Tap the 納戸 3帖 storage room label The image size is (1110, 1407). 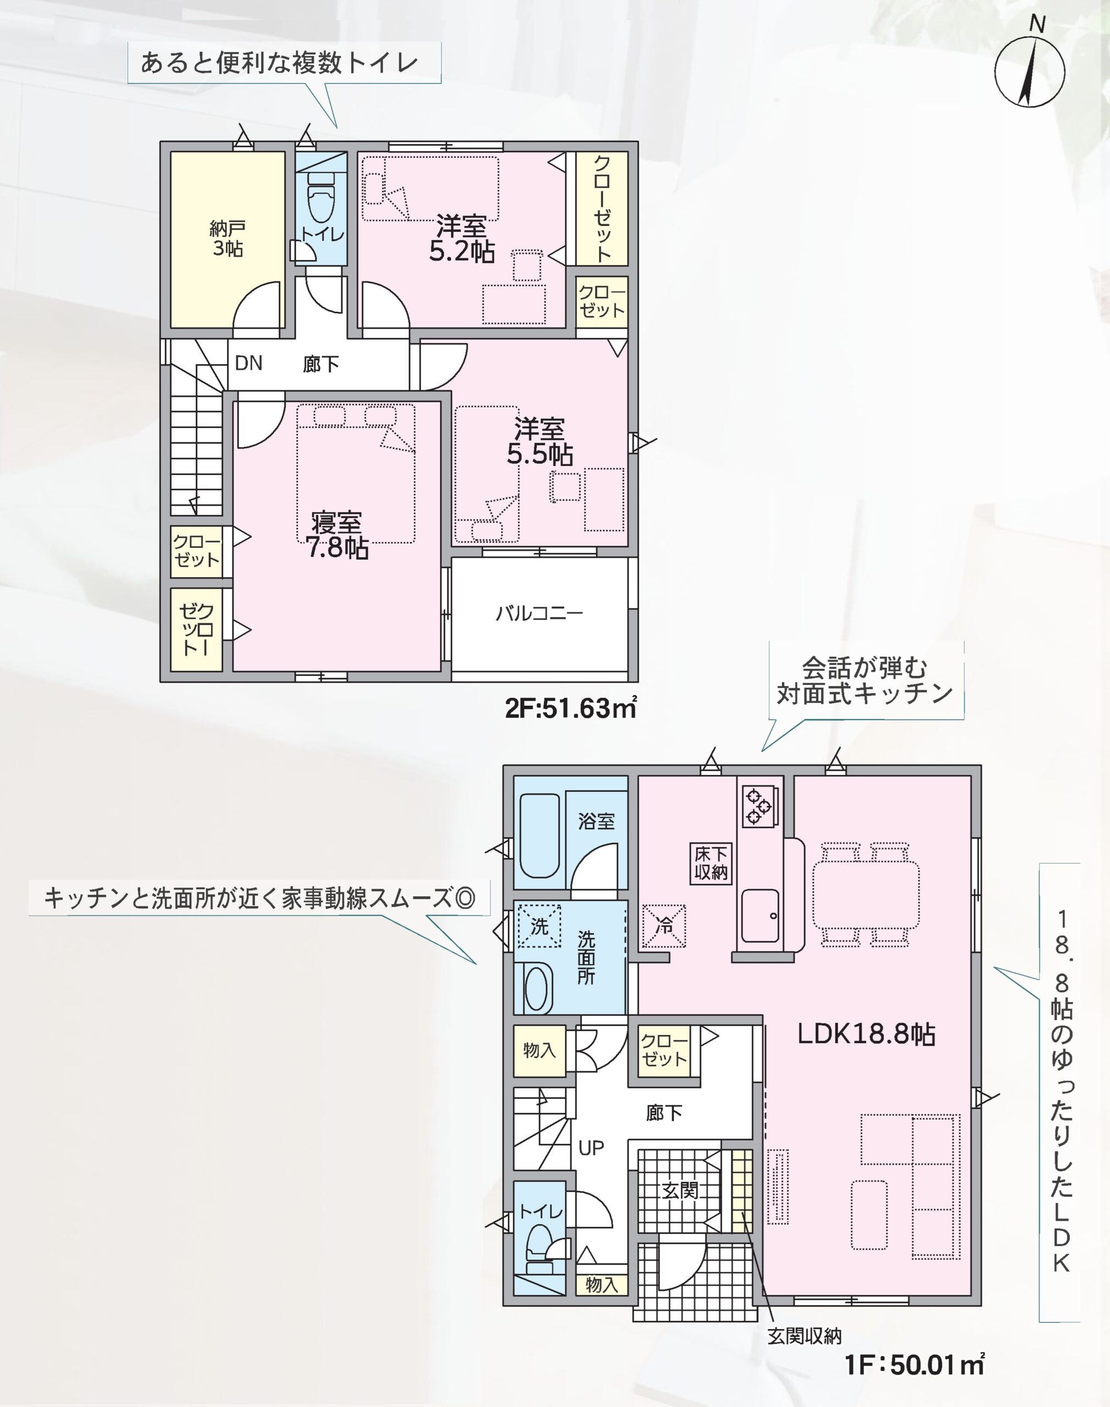coord(227,239)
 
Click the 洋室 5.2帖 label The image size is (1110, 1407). coord(462,239)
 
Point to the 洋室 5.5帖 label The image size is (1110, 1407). coord(540,441)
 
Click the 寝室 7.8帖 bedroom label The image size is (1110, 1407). coord(337,535)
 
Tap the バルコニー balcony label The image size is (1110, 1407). coord(540,613)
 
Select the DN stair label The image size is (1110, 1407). coord(249,363)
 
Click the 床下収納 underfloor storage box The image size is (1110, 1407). coord(711,863)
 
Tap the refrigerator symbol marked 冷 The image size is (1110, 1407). coord(664,926)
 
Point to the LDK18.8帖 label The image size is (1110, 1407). coord(866,1033)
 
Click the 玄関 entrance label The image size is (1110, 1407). coord(680,1190)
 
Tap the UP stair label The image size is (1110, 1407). coord(591,1148)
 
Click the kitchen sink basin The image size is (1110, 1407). coord(761,915)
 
